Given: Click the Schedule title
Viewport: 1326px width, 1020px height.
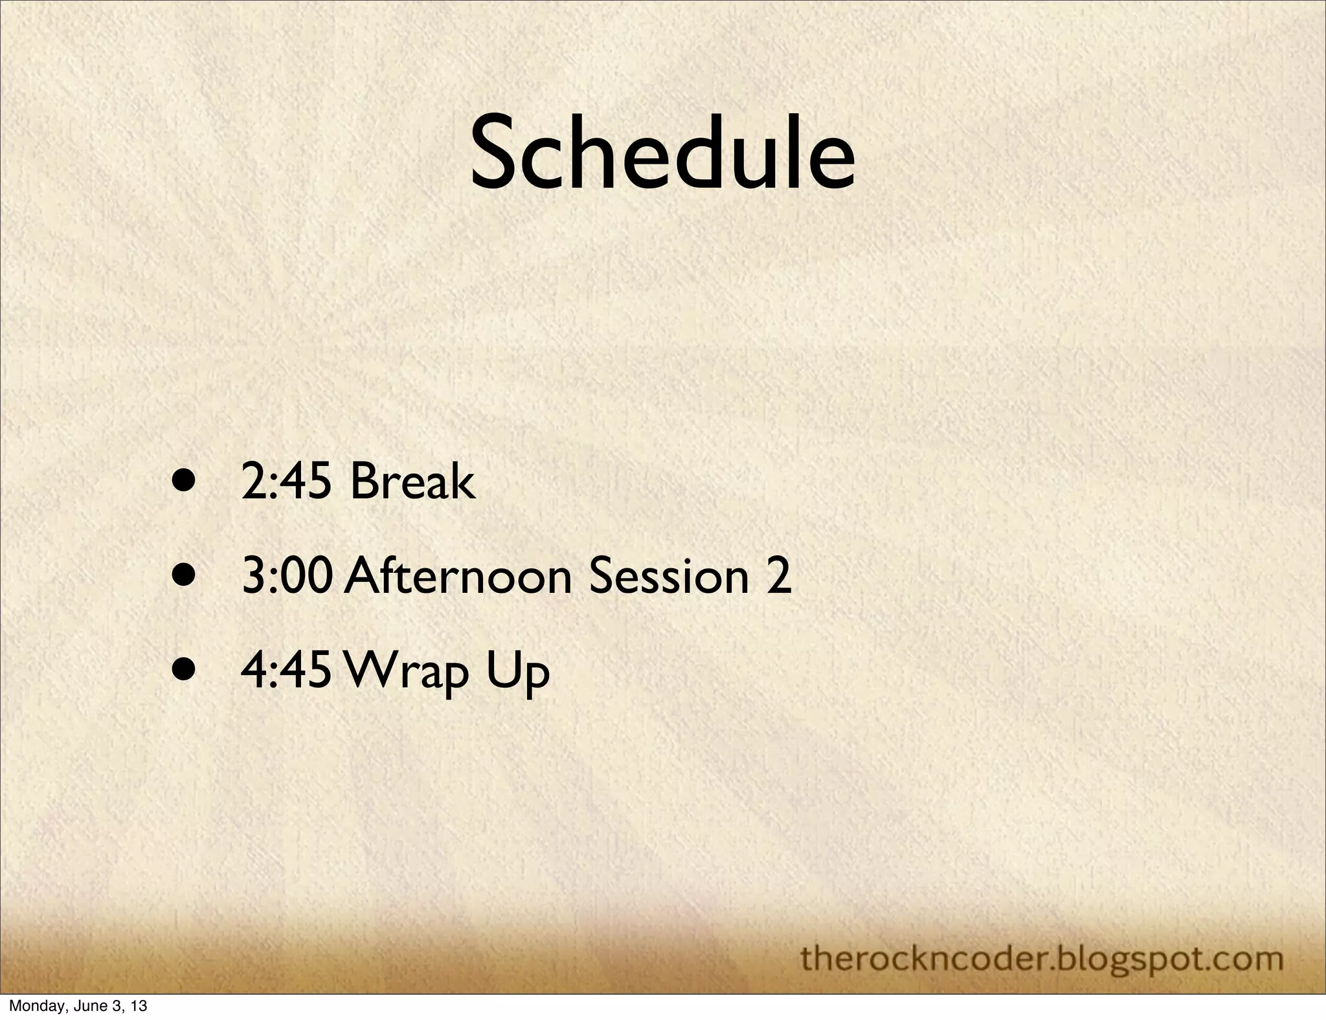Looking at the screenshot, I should pos(662,154).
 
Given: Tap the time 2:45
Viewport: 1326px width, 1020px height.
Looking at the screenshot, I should pos(286,483).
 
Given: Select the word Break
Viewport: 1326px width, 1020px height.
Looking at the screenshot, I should pos(412,483).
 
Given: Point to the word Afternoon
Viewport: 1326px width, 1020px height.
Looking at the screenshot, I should pos(458,577).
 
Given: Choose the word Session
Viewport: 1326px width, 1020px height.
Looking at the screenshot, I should pos(668,577).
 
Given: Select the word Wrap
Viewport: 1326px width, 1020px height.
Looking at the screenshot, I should pos(407,673).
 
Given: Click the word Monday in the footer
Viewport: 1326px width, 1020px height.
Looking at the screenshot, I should pos(32,1006).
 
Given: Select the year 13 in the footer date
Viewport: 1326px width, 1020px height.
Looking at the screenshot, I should pos(139,1006).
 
